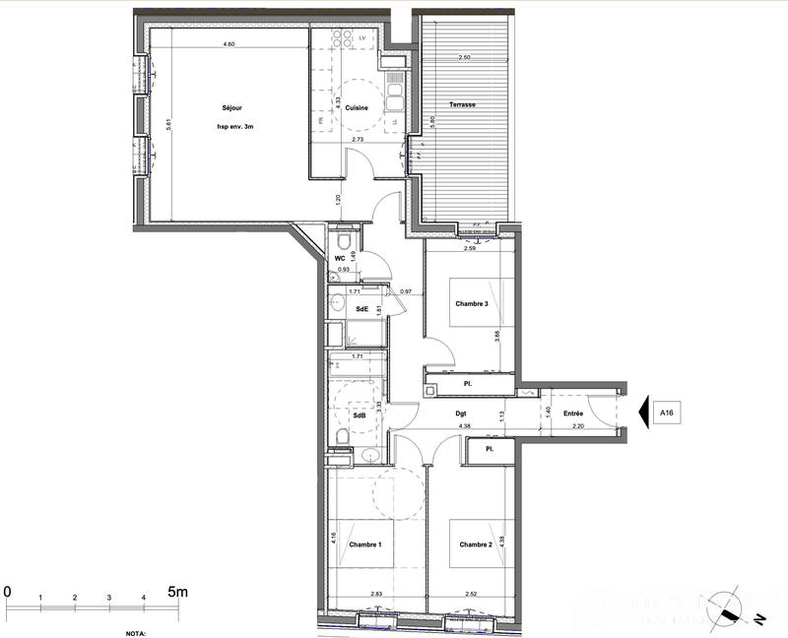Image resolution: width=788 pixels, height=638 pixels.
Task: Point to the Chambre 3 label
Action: click(471, 303)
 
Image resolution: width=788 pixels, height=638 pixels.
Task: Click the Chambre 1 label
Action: click(364, 544)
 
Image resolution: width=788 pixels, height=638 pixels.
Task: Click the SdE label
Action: click(361, 310)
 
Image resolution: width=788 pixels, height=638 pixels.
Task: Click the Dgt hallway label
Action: click(460, 414)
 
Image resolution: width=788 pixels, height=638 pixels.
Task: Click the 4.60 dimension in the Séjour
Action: click(229, 44)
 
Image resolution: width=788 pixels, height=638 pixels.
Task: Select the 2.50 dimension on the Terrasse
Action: click(465, 58)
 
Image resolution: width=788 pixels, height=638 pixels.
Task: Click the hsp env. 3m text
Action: click(236, 127)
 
